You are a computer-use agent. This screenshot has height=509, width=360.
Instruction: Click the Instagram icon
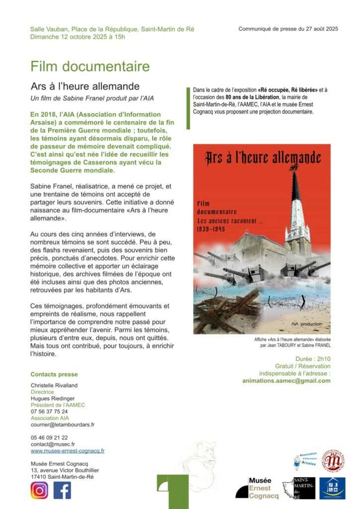(39, 490)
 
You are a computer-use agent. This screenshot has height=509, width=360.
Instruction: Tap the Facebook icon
(62, 490)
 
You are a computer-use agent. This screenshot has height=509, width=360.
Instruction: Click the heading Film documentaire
(90, 66)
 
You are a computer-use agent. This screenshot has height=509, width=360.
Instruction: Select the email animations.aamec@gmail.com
(286, 381)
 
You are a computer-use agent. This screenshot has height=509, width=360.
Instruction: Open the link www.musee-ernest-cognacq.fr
(68, 451)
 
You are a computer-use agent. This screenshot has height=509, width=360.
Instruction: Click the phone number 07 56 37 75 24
(49, 412)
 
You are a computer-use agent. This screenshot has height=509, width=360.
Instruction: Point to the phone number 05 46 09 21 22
(49, 437)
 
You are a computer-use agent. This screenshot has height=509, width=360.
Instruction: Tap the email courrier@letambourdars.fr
(63, 424)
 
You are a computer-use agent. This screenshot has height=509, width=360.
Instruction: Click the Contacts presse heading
(54, 374)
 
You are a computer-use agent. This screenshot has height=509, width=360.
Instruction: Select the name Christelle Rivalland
(54, 385)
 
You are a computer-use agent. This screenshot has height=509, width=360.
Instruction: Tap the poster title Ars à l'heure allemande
(262, 158)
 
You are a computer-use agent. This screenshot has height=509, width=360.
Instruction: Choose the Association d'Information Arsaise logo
(304, 462)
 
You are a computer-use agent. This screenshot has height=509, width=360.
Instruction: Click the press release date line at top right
(288, 29)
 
